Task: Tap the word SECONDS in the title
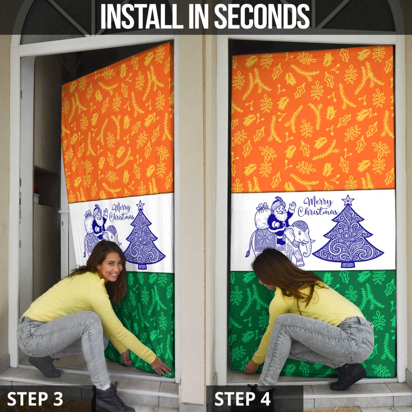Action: pos(262,16)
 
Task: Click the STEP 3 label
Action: pos(35,399)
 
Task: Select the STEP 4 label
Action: pos(243,399)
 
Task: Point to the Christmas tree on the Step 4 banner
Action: pos(348,236)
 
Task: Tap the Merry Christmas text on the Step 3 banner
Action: pos(123,212)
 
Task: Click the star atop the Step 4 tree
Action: pos(348,200)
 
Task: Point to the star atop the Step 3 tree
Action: pos(140,205)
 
